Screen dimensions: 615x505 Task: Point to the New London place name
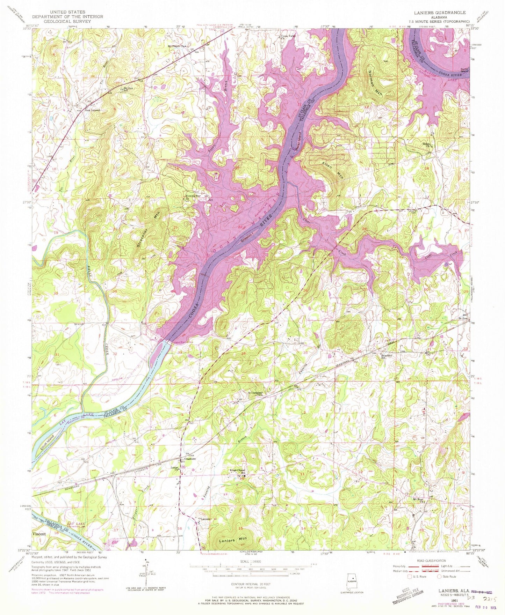click(93, 110)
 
